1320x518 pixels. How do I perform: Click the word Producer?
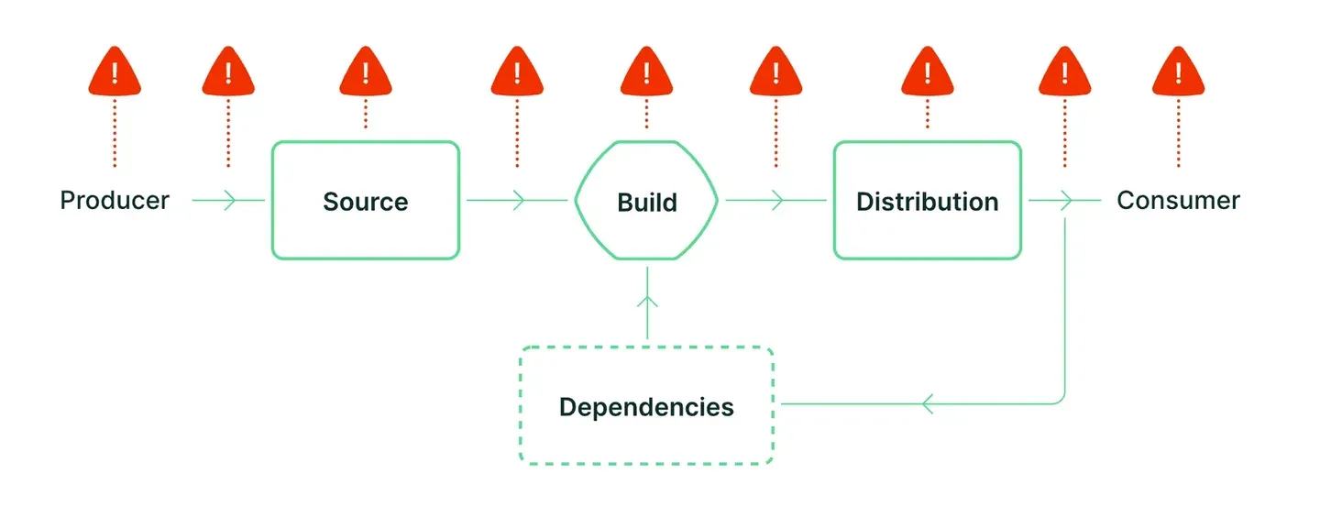tap(115, 201)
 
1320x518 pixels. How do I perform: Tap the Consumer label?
tap(1178, 201)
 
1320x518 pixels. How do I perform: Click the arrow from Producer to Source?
tap(228, 201)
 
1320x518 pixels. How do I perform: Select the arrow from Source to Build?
tap(517, 201)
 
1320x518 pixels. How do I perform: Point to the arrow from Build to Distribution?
tap(776, 201)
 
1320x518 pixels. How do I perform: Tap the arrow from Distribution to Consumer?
tap(1065, 201)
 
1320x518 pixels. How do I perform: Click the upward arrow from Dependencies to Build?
tap(647, 303)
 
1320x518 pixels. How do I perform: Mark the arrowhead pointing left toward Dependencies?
tap(927, 404)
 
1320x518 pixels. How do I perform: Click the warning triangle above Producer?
tap(115, 72)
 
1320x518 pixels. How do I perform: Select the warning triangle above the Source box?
tap(366, 72)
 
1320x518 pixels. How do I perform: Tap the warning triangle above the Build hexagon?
tap(646, 72)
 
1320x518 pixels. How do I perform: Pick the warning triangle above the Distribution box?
tap(928, 72)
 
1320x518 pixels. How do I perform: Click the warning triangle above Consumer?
tap(1178, 72)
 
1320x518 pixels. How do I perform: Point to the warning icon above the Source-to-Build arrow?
tap(517, 72)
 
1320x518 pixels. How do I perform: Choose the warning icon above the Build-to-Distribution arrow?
tap(776, 72)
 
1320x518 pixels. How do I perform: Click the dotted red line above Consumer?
tap(1178, 133)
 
